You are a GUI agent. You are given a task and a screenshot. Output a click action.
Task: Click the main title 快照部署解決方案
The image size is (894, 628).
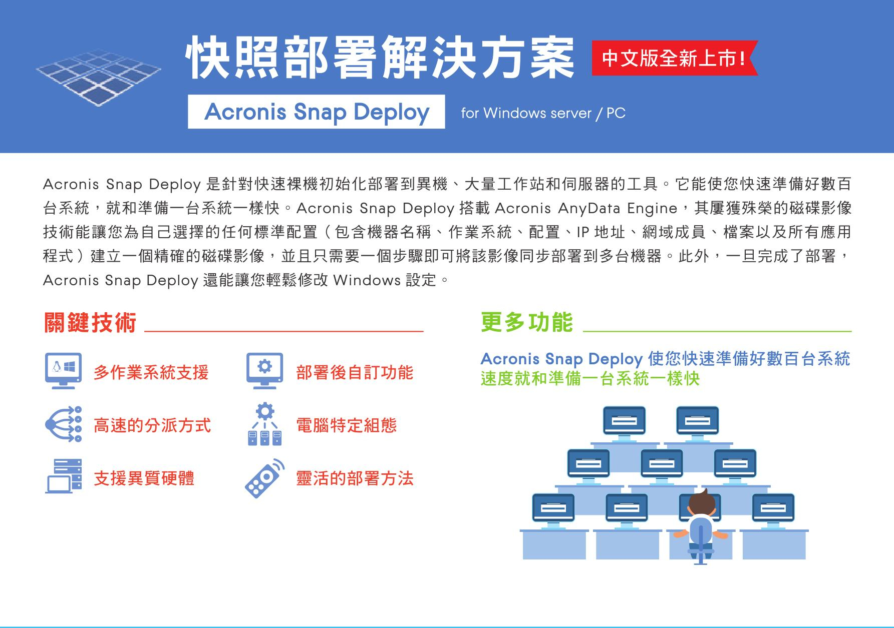pos(380,59)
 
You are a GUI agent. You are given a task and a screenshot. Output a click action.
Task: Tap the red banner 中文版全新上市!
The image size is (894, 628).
pos(675,58)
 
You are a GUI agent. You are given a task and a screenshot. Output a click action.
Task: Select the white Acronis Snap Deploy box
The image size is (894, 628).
pos(317,112)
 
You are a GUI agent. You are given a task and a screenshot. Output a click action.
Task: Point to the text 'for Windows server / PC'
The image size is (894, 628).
pos(543,113)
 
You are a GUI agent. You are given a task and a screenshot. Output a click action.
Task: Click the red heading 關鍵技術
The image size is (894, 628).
pos(90,322)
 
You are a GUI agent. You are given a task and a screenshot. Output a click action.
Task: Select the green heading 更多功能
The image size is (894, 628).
pos(526,322)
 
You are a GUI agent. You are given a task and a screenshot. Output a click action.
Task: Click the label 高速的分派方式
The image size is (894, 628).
pos(152,426)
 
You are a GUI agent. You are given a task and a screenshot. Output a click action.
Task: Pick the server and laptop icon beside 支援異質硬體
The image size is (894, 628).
pos(64,476)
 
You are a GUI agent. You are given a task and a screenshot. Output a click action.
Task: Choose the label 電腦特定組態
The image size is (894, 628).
pos(347,426)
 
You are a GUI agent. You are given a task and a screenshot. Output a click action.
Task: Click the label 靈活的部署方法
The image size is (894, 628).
pos(355,479)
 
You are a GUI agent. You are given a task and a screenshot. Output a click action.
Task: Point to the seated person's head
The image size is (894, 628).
pos(700,501)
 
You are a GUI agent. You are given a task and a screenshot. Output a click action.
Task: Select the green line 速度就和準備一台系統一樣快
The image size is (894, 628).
pos(590,379)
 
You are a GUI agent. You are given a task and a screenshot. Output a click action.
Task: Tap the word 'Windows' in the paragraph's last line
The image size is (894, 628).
pos(367,280)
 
